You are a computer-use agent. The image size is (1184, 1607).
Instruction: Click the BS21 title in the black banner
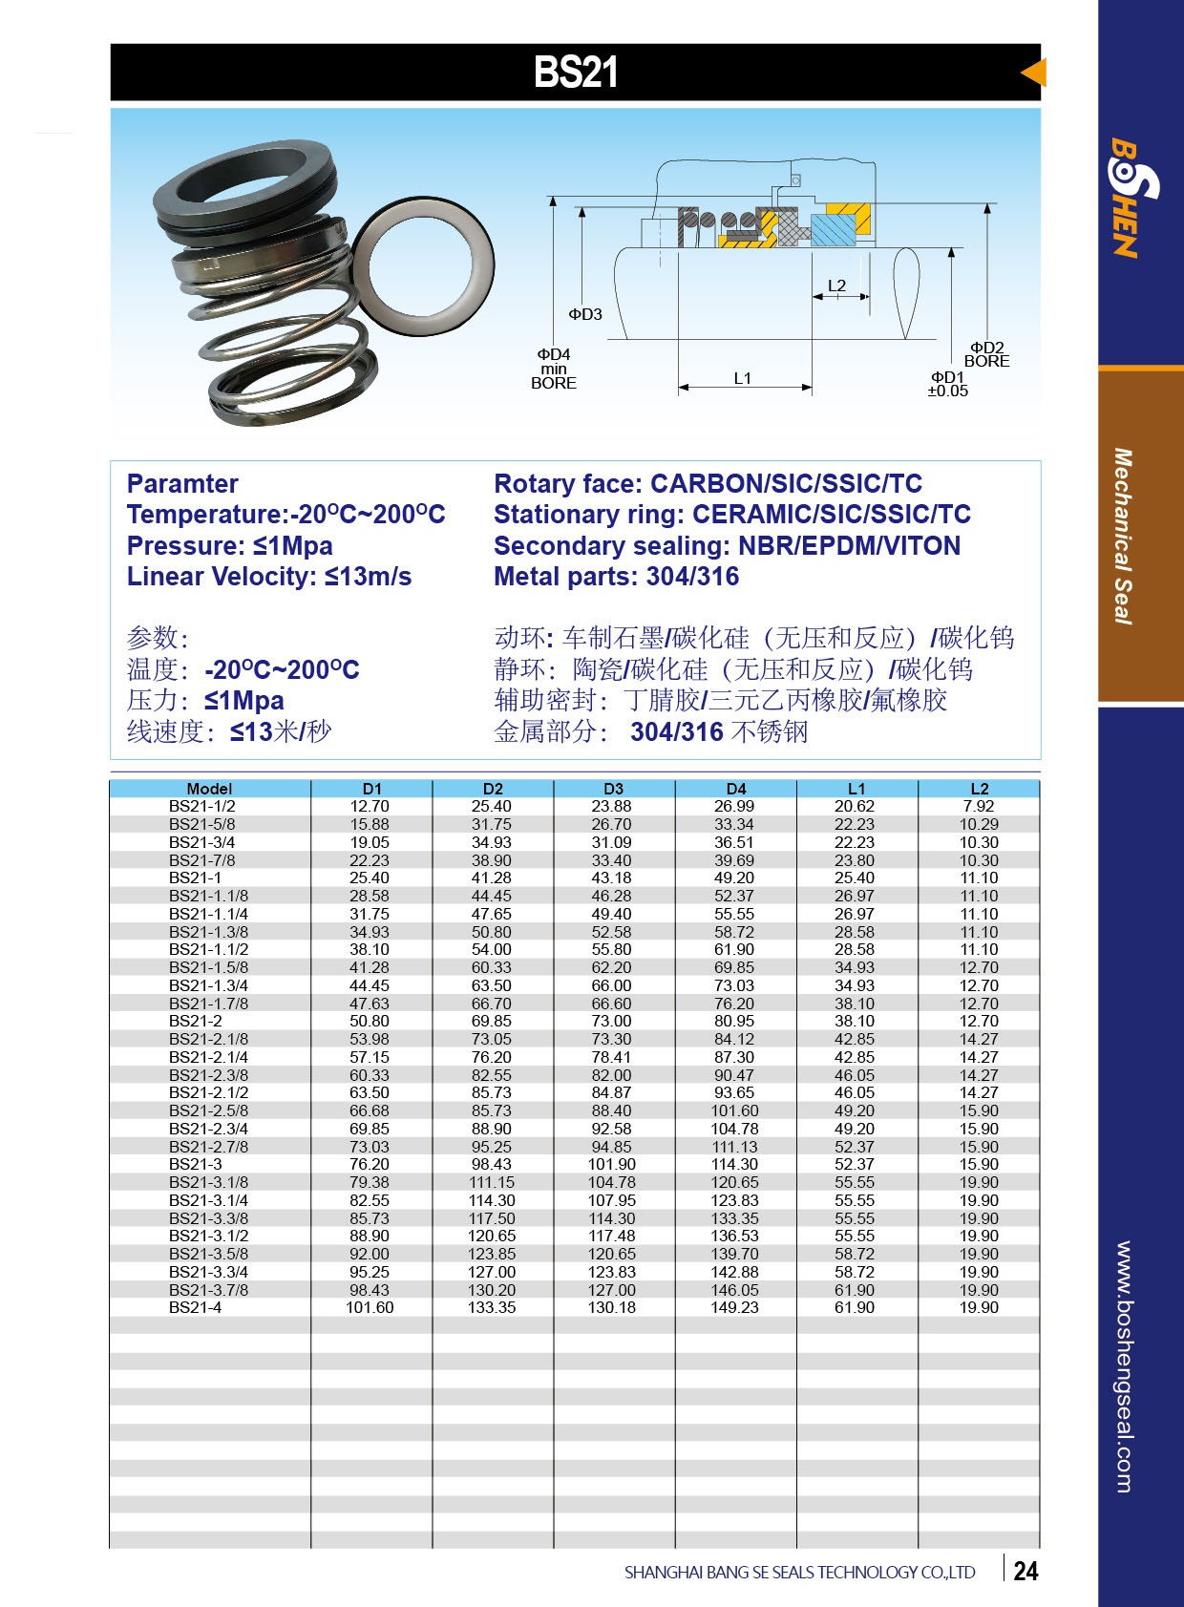coord(575,73)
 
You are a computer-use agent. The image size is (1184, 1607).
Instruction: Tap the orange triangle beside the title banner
coord(1034,73)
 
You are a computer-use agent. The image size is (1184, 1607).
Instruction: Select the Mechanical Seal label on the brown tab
coord(1124,536)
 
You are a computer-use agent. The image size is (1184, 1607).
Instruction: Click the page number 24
coord(1025,1571)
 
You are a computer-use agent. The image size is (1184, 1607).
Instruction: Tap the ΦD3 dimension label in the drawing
coord(585,314)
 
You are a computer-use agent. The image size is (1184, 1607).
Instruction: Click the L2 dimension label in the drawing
coord(836,285)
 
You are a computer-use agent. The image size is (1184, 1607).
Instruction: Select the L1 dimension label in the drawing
coord(742,378)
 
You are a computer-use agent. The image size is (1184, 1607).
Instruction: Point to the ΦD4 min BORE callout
coord(553,369)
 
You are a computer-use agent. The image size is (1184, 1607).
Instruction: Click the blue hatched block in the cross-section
coord(834,230)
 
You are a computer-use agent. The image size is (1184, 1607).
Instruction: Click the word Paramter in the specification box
coord(182,484)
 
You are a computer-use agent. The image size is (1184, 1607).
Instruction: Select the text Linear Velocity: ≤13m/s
coord(269,577)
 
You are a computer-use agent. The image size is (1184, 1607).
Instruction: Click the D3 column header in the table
coord(613,789)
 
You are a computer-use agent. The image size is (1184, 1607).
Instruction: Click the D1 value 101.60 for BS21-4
coord(370,1307)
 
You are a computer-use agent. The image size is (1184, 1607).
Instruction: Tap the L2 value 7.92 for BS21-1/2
coord(979,806)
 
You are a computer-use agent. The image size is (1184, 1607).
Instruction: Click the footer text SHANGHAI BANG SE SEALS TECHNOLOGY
coord(799,1572)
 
